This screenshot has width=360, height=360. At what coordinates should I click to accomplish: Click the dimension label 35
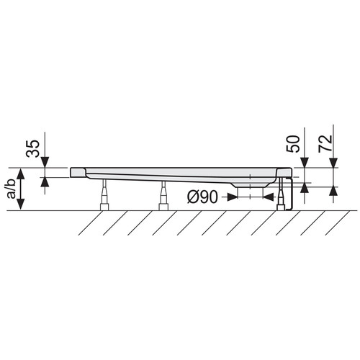coord(32,148)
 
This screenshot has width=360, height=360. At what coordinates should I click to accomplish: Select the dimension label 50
coord(293,144)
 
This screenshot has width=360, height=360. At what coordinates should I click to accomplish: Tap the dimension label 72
coord(325,144)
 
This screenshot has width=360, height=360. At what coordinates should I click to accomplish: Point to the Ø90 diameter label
coord(202,197)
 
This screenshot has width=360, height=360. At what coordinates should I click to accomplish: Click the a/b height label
coord(12,189)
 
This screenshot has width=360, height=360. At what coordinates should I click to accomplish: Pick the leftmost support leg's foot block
coord(104,207)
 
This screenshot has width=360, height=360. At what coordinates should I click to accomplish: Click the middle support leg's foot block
coord(163,207)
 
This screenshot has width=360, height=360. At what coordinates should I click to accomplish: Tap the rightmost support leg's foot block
coord(281,207)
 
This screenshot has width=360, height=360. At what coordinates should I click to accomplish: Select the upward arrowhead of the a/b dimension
coord(21,174)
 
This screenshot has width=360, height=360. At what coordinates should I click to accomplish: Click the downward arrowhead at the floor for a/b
coord(21,204)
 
